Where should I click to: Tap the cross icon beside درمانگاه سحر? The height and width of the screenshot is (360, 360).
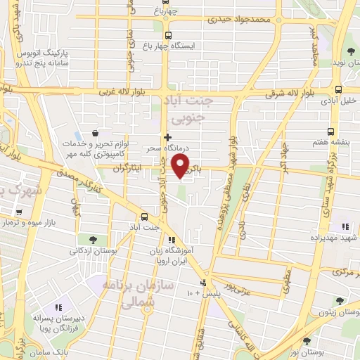point(167,136)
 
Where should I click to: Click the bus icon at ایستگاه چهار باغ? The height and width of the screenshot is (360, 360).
point(167,35)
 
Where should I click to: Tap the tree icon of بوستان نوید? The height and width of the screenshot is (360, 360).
point(349,51)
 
